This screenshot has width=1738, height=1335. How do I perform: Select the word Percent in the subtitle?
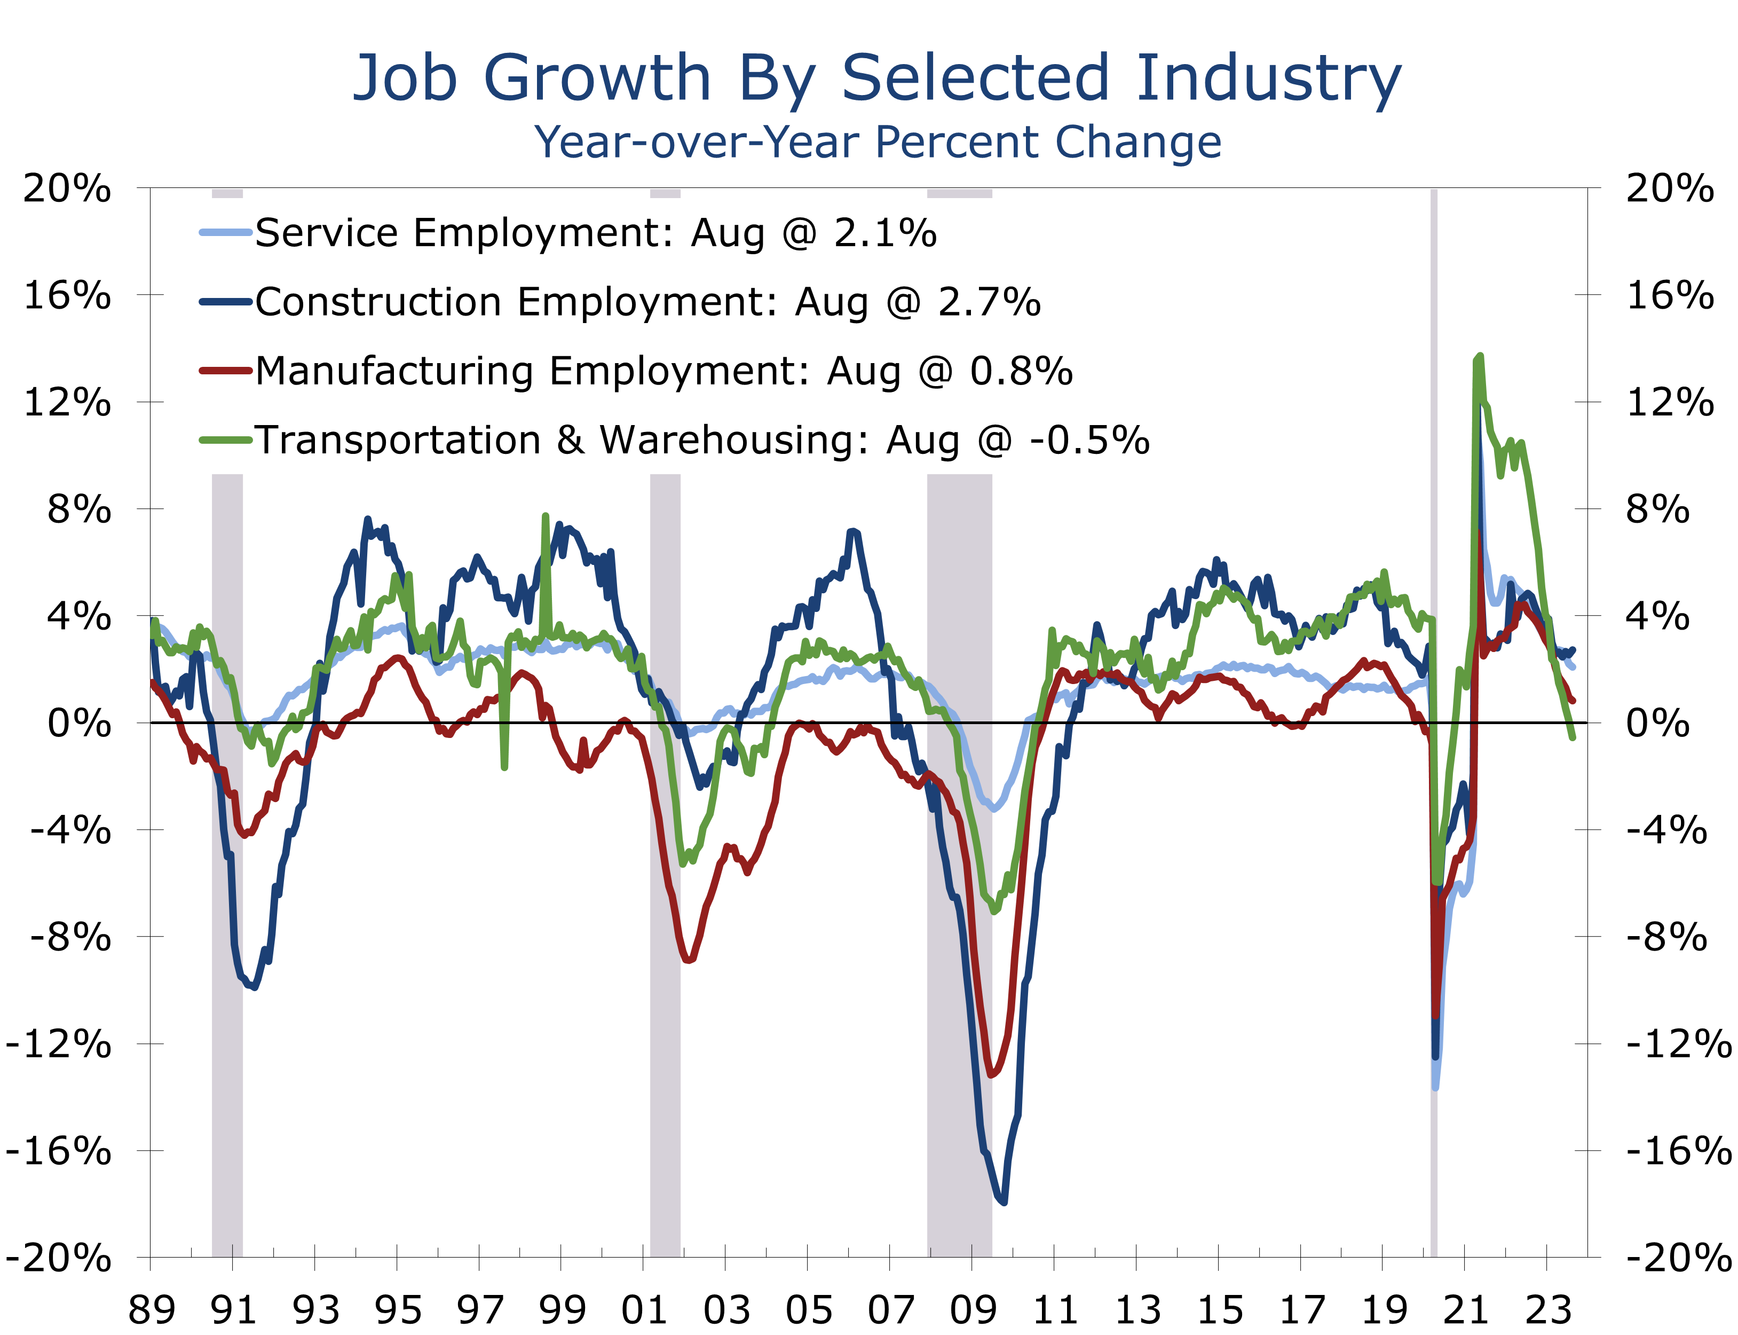pos(957,143)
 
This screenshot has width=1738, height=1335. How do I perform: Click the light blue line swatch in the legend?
pos(226,233)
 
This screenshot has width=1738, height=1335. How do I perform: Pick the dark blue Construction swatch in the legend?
pos(226,302)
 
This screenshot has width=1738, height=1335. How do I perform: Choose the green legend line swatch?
pos(226,440)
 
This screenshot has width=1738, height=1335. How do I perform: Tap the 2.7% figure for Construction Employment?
pos(989,302)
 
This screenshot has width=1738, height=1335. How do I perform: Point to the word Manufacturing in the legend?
pos(394,371)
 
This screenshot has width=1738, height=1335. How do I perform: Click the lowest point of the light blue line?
pos(1435,1088)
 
